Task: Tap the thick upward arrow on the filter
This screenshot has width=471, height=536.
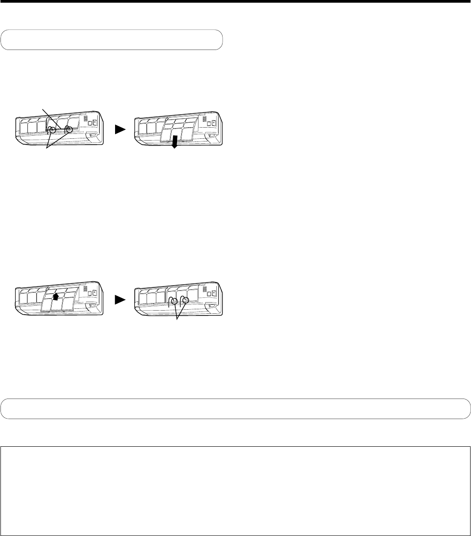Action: click(56, 296)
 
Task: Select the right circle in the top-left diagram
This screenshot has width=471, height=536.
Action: click(69, 130)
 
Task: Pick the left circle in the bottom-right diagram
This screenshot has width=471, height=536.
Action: click(174, 300)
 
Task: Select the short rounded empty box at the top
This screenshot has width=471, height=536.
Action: click(112, 39)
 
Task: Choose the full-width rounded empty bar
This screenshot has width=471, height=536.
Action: click(235, 408)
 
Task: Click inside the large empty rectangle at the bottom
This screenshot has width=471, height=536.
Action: click(235, 478)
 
